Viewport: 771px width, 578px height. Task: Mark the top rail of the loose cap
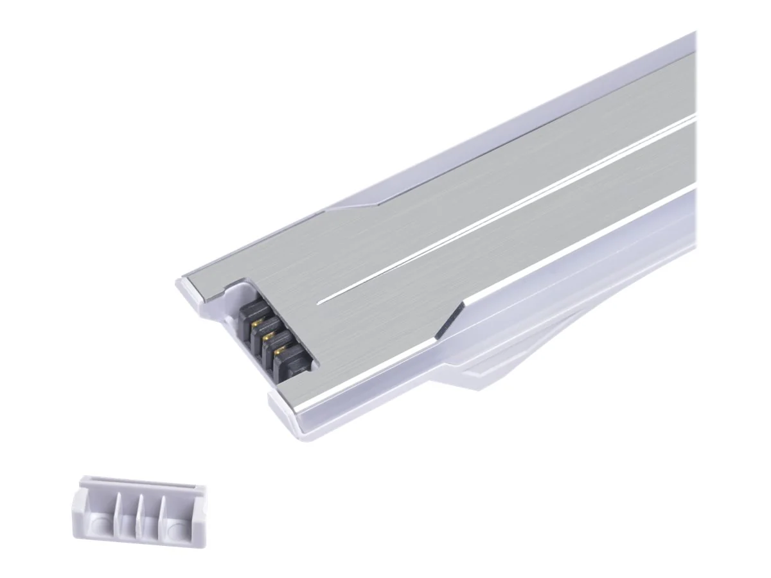coord(141,483)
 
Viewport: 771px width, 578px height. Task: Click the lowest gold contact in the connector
coord(279,351)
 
